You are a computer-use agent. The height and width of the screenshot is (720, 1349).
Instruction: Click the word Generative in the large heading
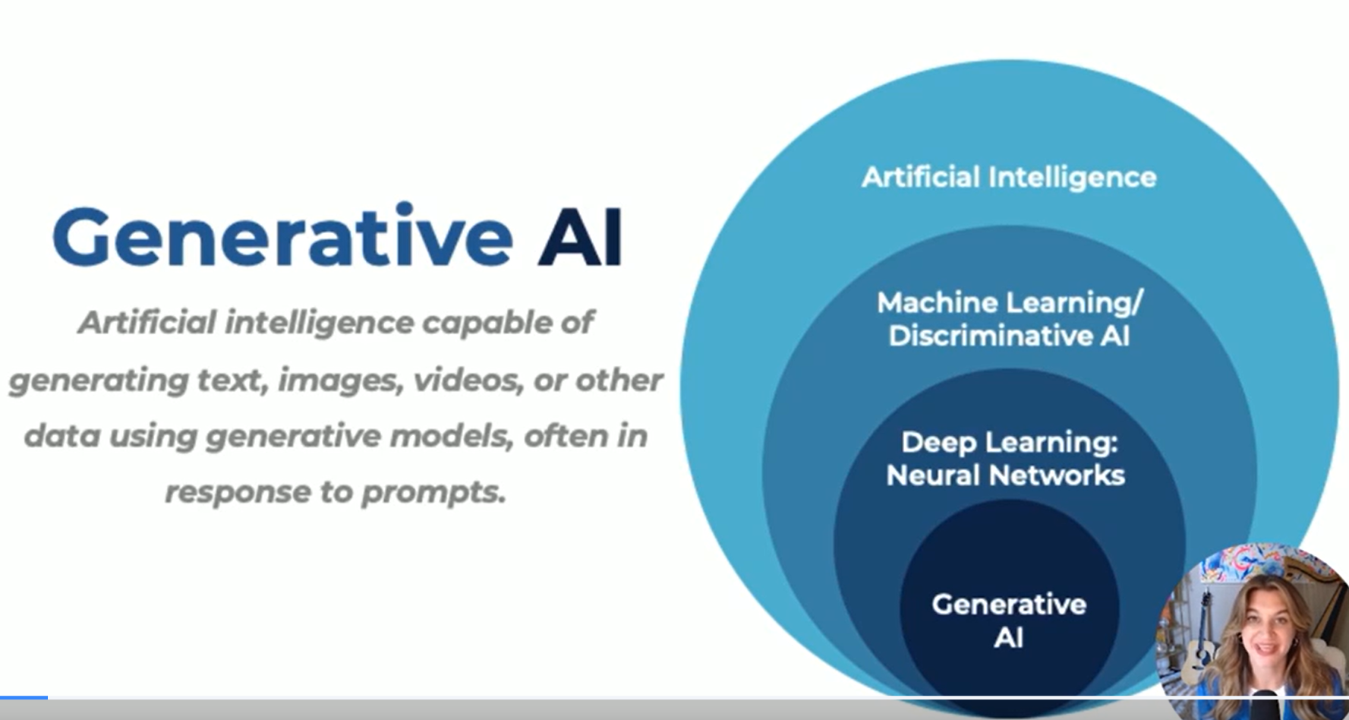coord(282,237)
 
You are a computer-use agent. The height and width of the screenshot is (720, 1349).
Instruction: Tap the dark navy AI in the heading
coord(580,237)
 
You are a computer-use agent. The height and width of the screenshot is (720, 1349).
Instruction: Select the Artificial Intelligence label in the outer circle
coord(1009,178)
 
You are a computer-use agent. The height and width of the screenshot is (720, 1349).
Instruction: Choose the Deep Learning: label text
coord(1010,443)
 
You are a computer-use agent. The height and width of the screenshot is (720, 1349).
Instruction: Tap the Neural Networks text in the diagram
coord(1005,475)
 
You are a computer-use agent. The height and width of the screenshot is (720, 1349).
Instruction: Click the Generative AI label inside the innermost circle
coord(1009,621)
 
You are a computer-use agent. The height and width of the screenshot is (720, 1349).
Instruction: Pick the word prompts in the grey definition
coord(433,493)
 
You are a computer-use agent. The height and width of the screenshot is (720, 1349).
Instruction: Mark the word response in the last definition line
coord(236,493)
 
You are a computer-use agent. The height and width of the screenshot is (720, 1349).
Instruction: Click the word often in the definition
coord(559,436)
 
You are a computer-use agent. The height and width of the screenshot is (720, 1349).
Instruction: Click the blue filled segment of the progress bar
coord(24,697)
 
